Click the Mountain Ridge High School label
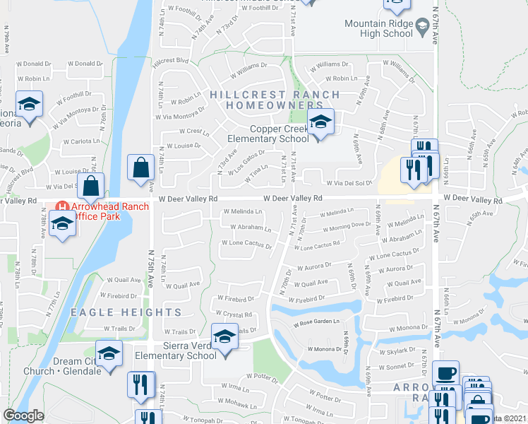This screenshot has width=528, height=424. click(378, 28)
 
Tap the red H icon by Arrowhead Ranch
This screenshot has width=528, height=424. click(62, 206)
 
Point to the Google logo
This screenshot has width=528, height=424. click(23, 416)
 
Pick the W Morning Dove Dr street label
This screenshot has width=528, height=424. click(346, 226)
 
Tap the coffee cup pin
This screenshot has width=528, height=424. click(445, 373)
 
